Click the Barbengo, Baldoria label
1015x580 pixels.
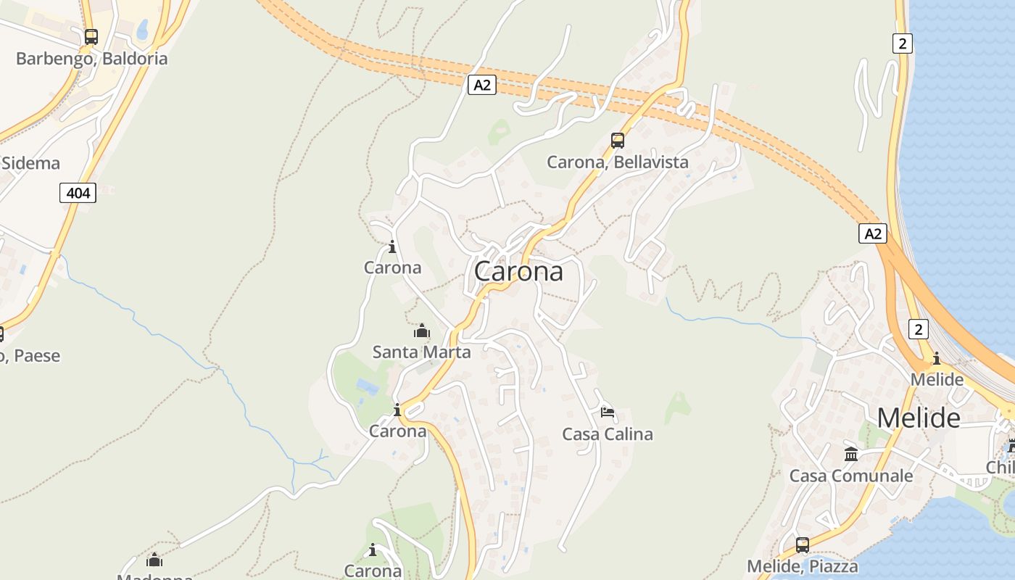(91, 59)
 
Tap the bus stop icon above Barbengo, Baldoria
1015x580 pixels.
(91, 36)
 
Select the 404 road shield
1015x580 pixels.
(78, 193)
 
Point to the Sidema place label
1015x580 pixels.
(30, 163)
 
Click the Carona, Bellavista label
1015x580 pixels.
(617, 162)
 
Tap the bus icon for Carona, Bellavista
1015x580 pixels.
(618, 141)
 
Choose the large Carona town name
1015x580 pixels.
(518, 272)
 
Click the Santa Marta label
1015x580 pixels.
(421, 352)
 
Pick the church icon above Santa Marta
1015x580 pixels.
(421, 331)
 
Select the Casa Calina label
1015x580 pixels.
(608, 434)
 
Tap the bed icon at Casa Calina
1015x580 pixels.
(608, 413)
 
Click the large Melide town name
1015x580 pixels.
(919, 418)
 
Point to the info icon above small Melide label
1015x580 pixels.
(937, 358)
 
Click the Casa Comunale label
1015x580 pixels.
(851, 476)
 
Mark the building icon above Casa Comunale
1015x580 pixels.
(851, 455)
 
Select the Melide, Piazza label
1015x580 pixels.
(803, 566)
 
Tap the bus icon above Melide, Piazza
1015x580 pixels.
(803, 544)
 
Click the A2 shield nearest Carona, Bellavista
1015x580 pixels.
(481, 85)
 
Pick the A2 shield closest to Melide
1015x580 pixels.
(873, 233)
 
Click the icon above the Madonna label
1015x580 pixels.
(154, 560)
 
